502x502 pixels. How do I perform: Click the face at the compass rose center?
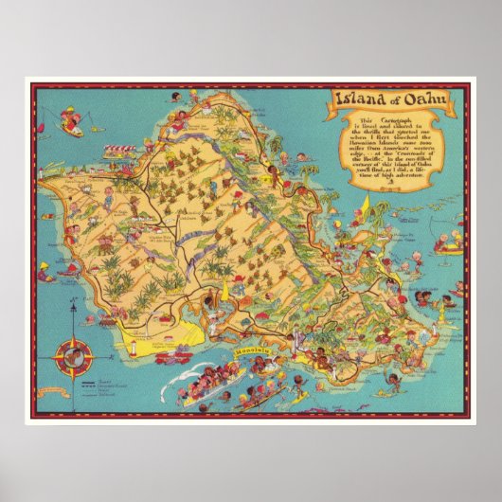(73, 357)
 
